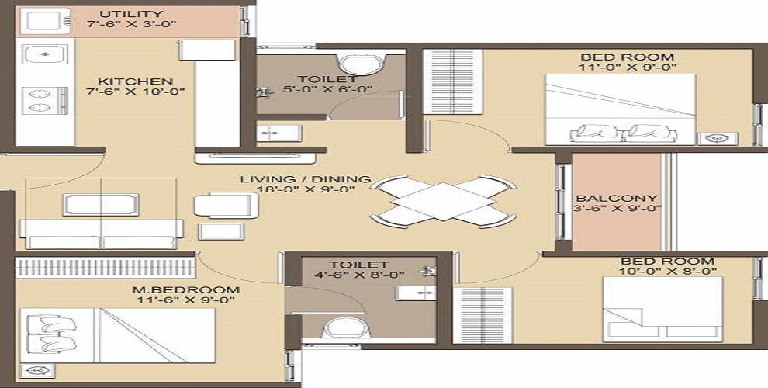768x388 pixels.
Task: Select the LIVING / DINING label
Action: pyautogui.click(x=304, y=180)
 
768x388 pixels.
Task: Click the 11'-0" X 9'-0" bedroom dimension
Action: pyautogui.click(x=628, y=68)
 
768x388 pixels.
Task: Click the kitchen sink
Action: pyautogui.click(x=45, y=55)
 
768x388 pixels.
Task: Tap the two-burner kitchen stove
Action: pyautogui.click(x=43, y=101)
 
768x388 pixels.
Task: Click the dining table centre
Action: pyautogui.click(x=441, y=202)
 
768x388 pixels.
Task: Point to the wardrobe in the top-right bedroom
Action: pyautogui.click(x=452, y=81)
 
